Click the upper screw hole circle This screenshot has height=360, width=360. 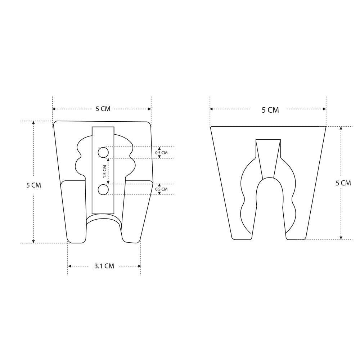point(103,152)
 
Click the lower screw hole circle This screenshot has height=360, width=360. point(103,190)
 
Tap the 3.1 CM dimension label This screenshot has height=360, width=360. point(104,266)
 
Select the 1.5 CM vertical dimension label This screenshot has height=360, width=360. point(105,171)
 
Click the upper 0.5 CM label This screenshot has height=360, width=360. point(161,153)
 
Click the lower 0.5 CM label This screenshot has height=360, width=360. point(161,189)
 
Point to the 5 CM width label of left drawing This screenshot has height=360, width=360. point(103,109)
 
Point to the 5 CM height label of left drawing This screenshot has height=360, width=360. point(33,185)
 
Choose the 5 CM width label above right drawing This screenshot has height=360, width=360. point(270,110)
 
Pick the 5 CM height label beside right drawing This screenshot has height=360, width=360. point(343,183)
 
